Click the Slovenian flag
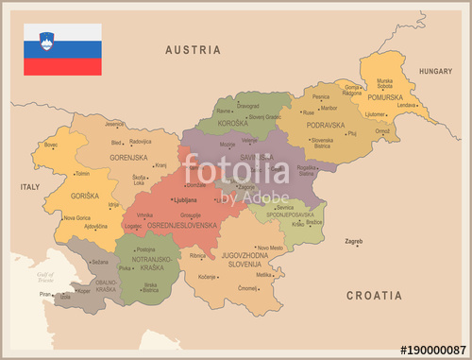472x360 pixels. tap(62, 49)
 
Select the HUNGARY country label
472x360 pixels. tap(436, 71)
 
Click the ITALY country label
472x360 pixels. tap(30, 187)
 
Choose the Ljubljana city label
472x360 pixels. tap(185, 200)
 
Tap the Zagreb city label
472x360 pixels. tap(353, 242)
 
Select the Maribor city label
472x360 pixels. tap(329, 108)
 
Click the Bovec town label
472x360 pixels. tap(51, 145)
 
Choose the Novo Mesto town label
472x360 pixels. tap(270, 248)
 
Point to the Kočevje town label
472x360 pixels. tap(208, 277)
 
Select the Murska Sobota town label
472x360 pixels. tap(384, 84)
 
